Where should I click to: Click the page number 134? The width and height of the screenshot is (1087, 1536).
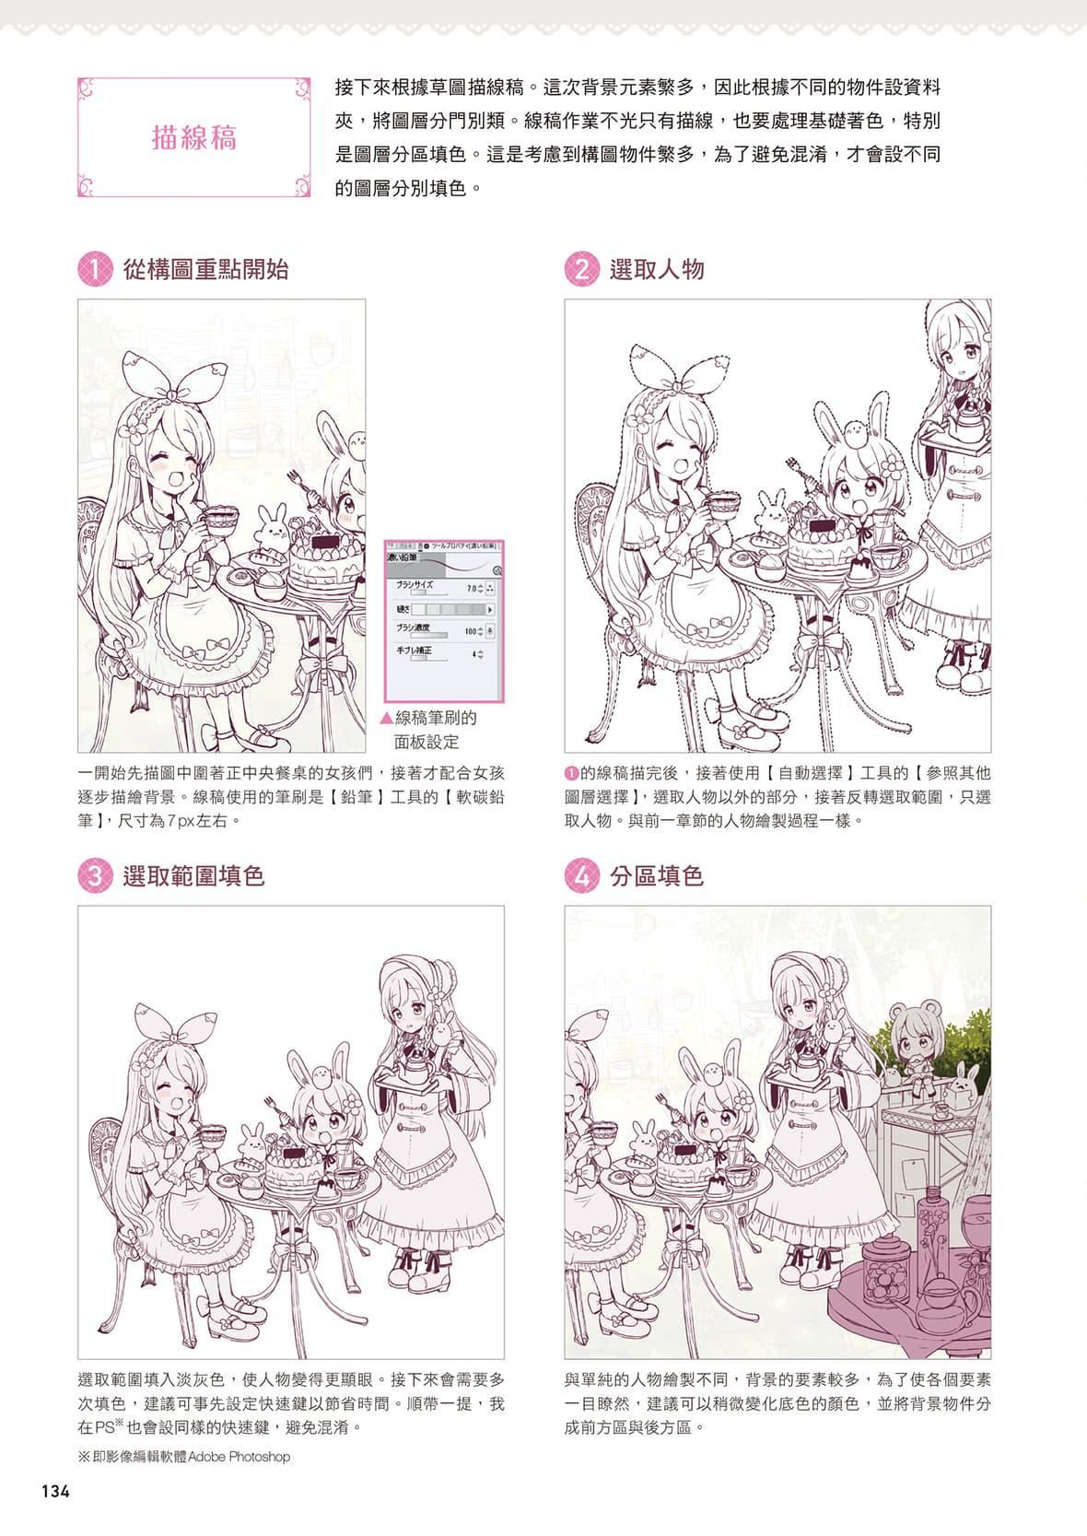[54, 1490]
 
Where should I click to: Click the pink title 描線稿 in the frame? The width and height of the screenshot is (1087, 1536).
[194, 137]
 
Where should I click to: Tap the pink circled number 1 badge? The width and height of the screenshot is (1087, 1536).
[94, 269]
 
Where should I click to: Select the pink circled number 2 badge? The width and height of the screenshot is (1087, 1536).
[580, 269]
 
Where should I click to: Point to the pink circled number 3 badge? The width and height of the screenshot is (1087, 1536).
[94, 875]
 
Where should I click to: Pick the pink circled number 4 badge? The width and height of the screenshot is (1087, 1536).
[580, 875]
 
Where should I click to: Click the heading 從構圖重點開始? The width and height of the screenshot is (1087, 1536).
[205, 269]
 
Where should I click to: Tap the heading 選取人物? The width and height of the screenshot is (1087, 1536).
[657, 269]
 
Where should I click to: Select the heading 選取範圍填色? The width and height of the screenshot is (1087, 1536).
[193, 875]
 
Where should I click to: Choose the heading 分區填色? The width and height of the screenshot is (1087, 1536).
[657, 875]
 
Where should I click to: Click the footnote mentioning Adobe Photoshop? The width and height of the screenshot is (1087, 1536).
[184, 1457]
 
